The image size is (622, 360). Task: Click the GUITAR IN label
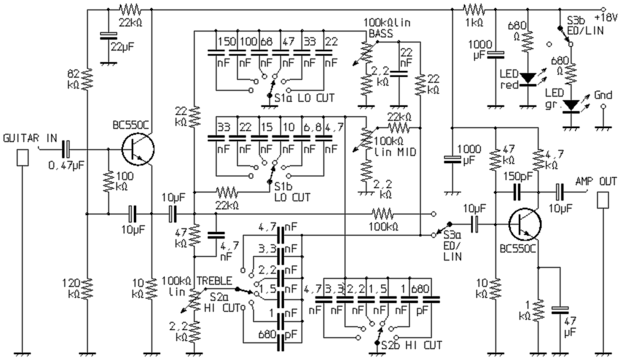[30, 138]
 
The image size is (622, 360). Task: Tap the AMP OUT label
[596, 181]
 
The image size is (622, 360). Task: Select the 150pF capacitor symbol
[517, 192]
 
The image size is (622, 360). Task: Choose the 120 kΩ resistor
[88, 288]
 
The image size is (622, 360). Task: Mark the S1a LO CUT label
[304, 98]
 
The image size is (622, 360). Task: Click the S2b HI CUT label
[412, 345]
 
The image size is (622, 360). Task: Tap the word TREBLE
[214, 281]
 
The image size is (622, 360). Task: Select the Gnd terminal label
[603, 95]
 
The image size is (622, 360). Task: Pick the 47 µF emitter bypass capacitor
[560, 310]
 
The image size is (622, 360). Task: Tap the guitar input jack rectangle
[23, 157]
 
